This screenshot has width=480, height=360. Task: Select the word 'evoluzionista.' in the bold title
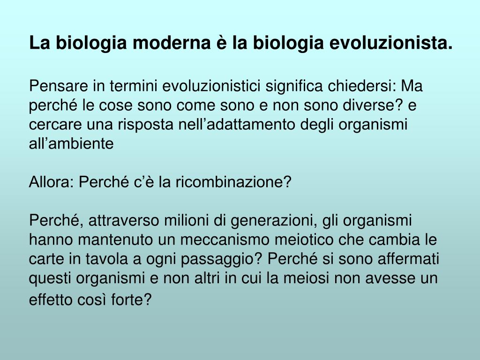(x=391, y=43)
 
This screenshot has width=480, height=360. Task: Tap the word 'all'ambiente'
(x=71, y=143)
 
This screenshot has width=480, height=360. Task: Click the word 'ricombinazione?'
(x=233, y=181)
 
